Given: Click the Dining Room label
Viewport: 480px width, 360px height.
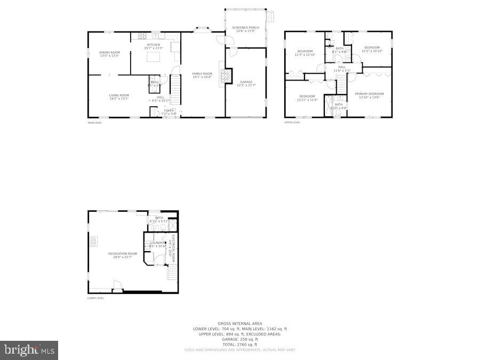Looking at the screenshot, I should (x=109, y=52).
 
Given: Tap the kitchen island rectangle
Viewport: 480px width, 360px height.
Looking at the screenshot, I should (x=154, y=57).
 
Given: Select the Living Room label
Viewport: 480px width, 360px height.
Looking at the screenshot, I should (x=119, y=95).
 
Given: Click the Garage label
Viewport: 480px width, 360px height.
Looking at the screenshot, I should (x=246, y=82).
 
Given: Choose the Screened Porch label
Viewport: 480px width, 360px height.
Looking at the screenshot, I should (x=245, y=27).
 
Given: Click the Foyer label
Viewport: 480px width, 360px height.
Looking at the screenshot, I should (x=169, y=110).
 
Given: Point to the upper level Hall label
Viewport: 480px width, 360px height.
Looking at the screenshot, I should (x=342, y=67).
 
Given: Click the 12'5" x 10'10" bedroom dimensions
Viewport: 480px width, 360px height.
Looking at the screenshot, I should (x=372, y=51).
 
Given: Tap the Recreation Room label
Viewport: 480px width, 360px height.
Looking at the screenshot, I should (x=122, y=253).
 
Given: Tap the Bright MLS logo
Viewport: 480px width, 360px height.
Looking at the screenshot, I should (x=29, y=350).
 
